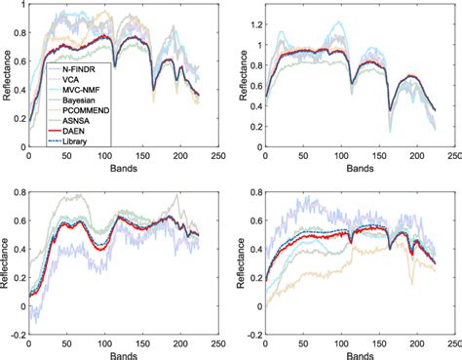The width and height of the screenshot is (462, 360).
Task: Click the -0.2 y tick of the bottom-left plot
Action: click(x=17, y=333)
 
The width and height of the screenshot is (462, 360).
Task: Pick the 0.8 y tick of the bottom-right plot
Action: click(x=251, y=190)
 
